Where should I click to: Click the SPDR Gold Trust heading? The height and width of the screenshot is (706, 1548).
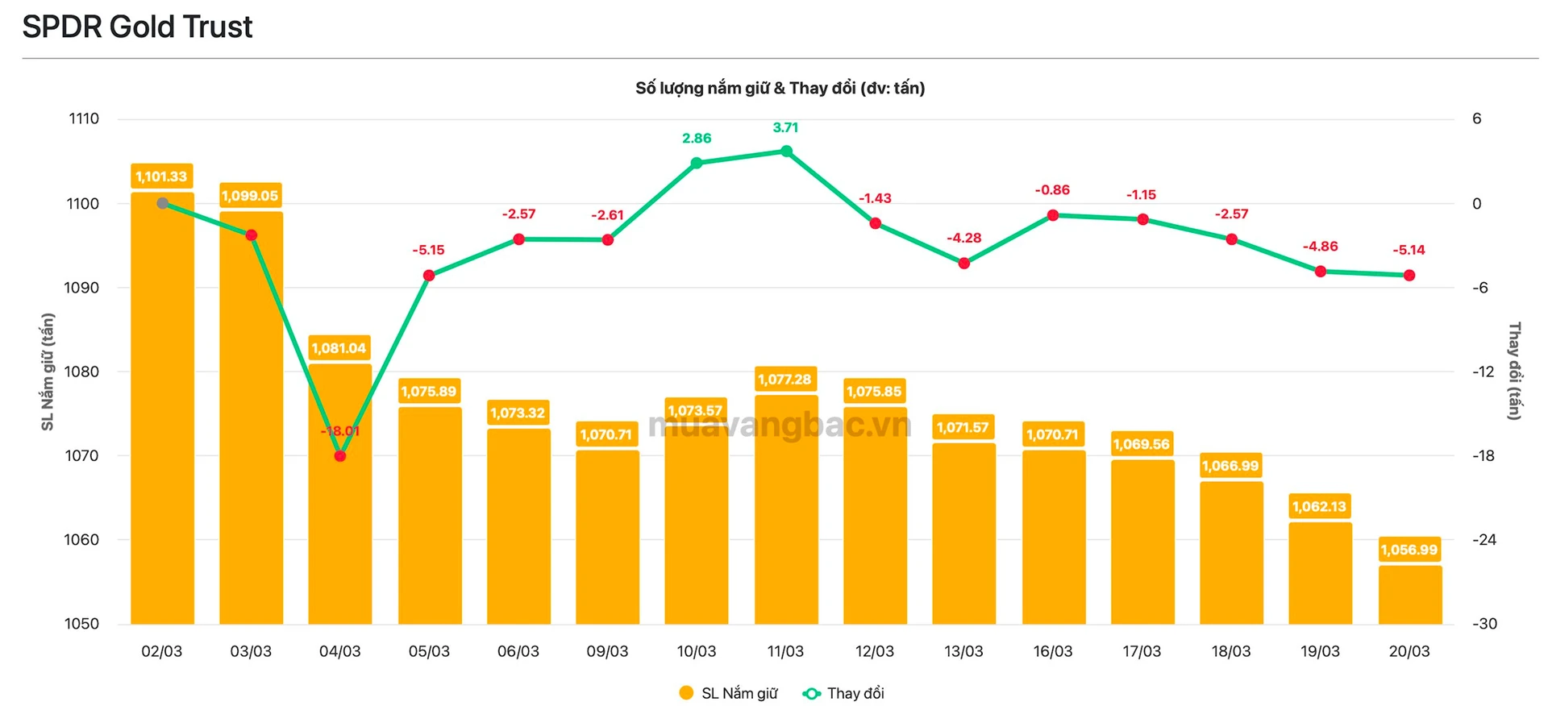[x=137, y=27]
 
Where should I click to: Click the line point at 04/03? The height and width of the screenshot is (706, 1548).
[x=340, y=456]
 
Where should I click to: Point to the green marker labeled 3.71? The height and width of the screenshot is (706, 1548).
[x=786, y=152]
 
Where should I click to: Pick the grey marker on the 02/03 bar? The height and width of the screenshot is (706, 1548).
[x=162, y=204]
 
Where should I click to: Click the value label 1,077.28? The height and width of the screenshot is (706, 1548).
[x=784, y=379]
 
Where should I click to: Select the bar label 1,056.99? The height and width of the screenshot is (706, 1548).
[x=1409, y=550]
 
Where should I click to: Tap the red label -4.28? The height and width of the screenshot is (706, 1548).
[x=963, y=238]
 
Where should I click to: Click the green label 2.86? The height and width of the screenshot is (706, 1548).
[x=697, y=139]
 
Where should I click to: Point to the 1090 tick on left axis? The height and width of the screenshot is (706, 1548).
[x=81, y=288]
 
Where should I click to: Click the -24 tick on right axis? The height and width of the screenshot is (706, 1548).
[x=1483, y=540]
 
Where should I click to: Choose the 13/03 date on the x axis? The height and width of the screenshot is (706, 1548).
[x=963, y=651]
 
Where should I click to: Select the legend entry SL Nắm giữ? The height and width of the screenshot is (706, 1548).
[x=729, y=693]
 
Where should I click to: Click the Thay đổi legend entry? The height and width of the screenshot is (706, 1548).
[x=844, y=693]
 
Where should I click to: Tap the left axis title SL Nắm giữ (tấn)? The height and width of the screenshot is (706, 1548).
[x=48, y=372]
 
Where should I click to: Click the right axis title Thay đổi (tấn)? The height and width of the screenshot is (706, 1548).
[x=1514, y=372]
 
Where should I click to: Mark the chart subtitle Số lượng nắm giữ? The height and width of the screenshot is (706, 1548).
[x=780, y=89]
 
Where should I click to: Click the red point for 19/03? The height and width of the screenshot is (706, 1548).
[x=1320, y=272]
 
